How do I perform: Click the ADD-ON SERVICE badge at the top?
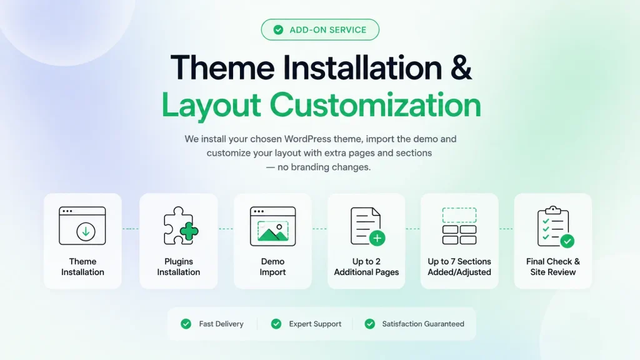tap(320, 30)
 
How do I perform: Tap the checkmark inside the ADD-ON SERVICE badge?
tap(278, 30)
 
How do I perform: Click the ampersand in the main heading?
tap(461, 67)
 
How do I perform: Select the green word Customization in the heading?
tap(375, 105)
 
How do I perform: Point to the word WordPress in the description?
tap(307, 139)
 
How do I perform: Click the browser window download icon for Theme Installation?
tap(82, 226)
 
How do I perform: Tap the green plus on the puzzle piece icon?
tap(189, 231)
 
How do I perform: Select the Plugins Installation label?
tap(178, 266)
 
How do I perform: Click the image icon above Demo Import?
tap(272, 226)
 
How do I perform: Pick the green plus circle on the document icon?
tap(377, 238)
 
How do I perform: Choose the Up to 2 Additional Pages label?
tap(366, 266)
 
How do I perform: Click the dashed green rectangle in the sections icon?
tap(459, 215)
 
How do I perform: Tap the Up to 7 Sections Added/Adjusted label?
tap(459, 266)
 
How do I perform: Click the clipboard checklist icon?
tap(554, 227)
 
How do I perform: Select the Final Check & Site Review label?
tap(553, 266)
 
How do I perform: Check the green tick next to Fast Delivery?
tap(186, 324)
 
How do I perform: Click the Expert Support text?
tap(315, 324)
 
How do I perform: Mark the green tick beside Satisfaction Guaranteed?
tap(370, 324)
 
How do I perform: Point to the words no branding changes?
tap(324, 167)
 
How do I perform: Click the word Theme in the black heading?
tap(223, 67)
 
